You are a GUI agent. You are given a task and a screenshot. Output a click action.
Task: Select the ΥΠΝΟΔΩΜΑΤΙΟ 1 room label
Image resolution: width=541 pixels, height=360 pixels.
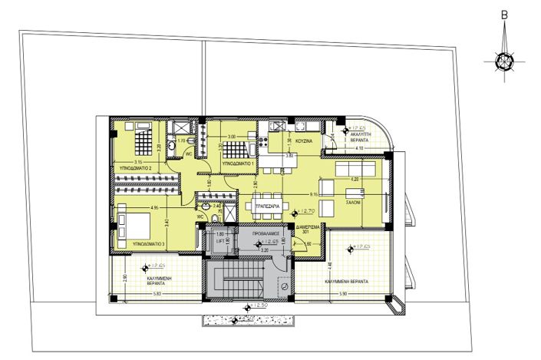pyautogui.click(x=238, y=164)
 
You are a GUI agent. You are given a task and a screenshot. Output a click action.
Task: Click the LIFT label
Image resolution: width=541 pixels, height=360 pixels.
pyautogui.click(x=219, y=241)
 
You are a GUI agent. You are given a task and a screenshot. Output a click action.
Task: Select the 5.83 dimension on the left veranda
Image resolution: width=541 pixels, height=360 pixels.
pyautogui.click(x=157, y=295)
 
